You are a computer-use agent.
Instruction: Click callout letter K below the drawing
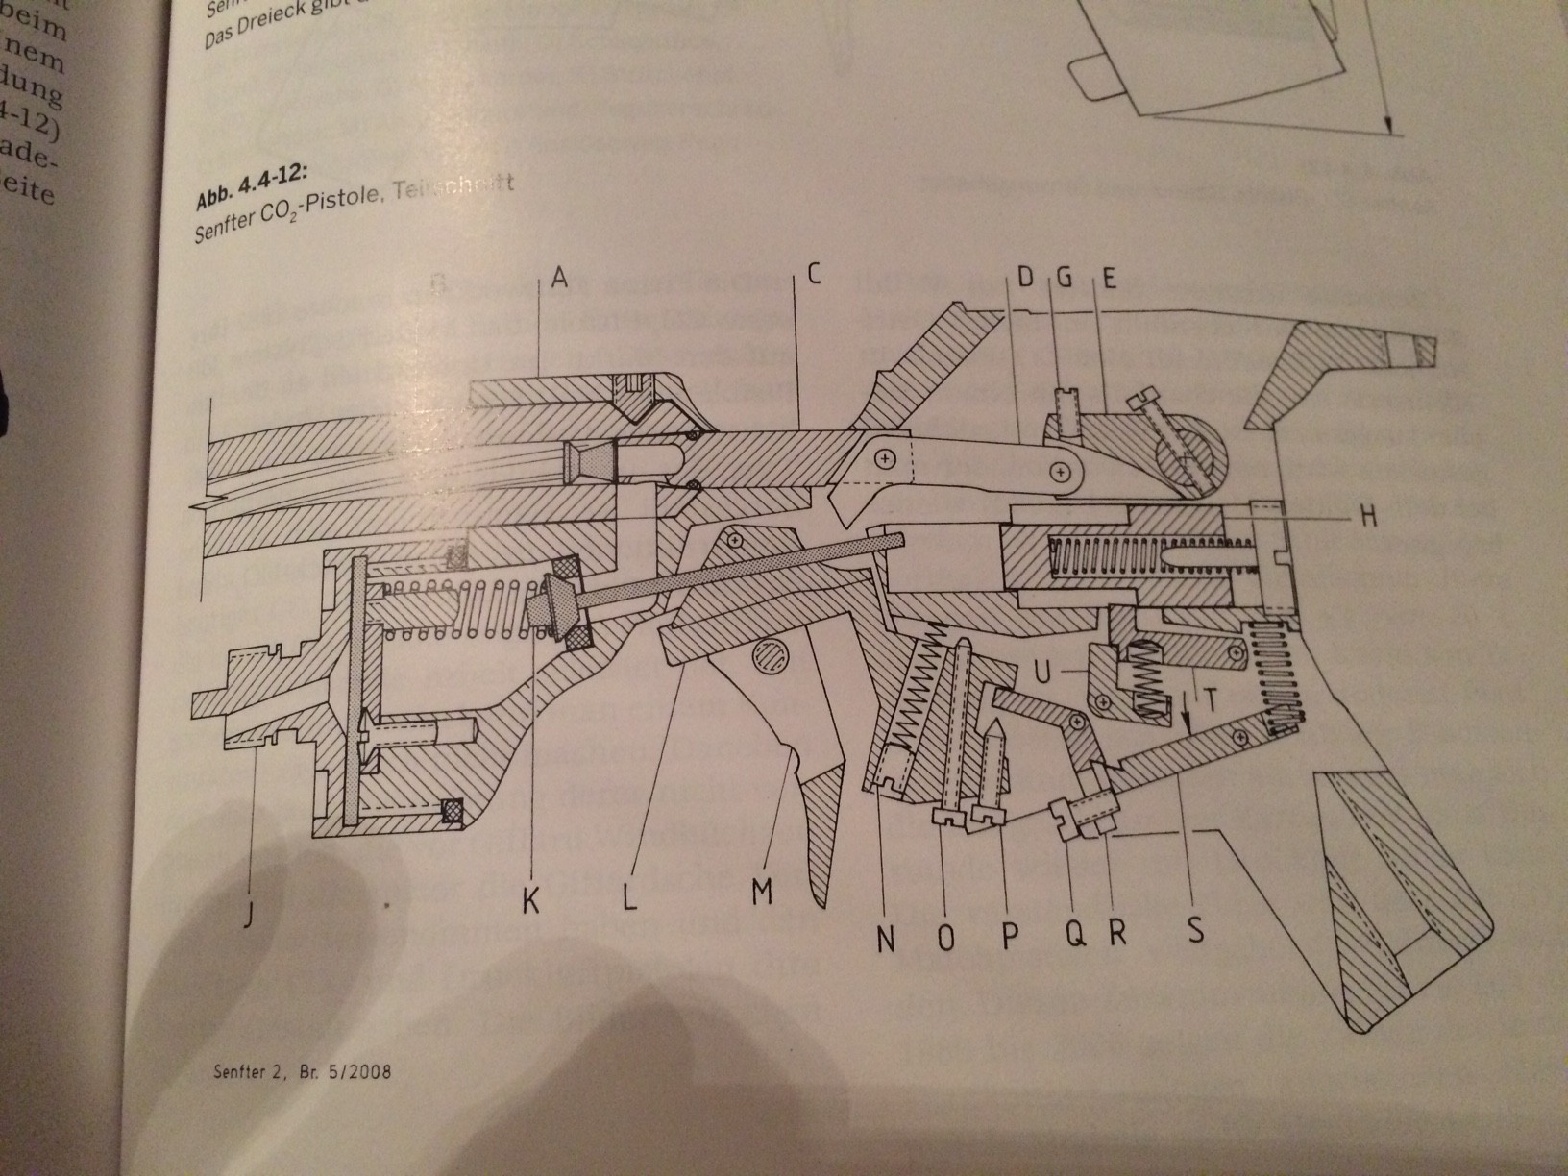click(530, 900)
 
